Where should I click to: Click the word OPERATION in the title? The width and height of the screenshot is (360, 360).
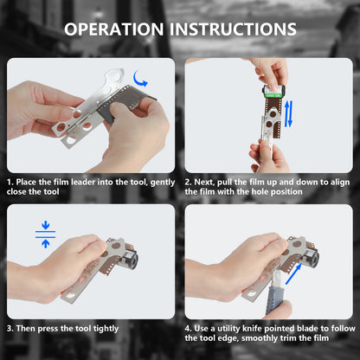point(114,29)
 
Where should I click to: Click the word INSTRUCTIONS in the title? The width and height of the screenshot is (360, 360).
point(233,29)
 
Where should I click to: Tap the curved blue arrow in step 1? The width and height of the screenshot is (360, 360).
point(140,79)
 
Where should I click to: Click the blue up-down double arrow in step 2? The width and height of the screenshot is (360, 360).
point(289,113)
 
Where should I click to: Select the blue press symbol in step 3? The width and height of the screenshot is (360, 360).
point(45,235)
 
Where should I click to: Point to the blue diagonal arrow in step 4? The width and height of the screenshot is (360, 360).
point(293,274)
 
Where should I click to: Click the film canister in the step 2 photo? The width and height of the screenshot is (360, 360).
point(273,92)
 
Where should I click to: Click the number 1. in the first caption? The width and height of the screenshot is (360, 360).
point(10,182)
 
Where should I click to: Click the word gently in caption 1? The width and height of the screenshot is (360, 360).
point(163,183)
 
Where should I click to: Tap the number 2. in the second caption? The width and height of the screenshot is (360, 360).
point(189,182)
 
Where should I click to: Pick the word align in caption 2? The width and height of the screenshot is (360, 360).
point(340,183)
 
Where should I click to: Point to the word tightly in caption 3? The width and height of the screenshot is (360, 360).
point(106,329)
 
